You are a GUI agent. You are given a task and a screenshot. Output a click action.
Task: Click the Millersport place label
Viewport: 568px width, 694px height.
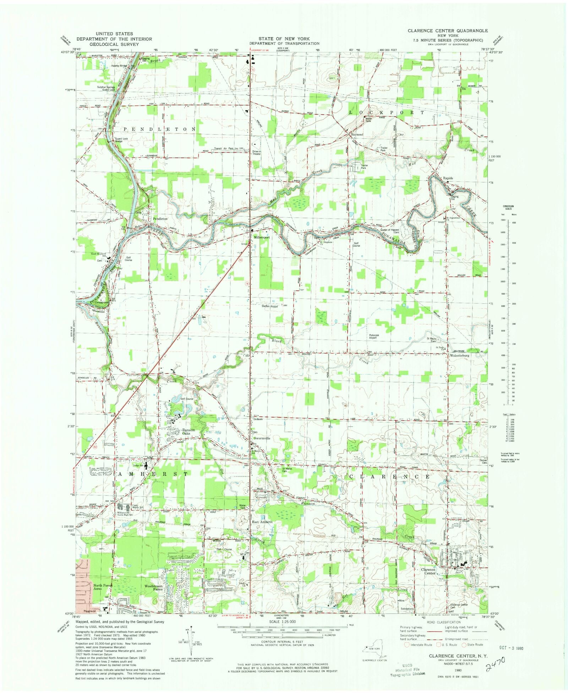pyautogui.click(x=262, y=237)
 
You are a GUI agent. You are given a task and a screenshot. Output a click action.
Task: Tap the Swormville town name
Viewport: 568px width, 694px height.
pyautogui.click(x=262, y=438)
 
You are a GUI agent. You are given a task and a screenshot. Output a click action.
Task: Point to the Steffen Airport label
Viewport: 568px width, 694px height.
pyautogui.click(x=270, y=306)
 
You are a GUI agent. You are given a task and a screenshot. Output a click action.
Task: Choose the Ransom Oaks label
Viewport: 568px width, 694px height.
pyautogui.click(x=189, y=432)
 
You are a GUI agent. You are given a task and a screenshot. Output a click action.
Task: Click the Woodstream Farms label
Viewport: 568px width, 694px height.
pyautogui.click(x=153, y=588)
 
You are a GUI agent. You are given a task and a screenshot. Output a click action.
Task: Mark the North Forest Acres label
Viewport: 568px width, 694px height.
pyautogui.click(x=102, y=587)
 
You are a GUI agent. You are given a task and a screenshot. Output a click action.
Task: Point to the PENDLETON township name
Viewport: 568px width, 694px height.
pyautogui.click(x=159, y=129)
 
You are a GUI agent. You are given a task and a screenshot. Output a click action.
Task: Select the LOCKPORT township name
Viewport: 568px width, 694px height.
pyautogui.click(x=387, y=113)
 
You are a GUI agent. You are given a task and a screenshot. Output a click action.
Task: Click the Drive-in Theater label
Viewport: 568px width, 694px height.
pyautogui.click(x=256, y=152)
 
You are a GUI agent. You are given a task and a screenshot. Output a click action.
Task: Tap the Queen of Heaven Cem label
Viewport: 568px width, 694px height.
pyautogui.click(x=390, y=231)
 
